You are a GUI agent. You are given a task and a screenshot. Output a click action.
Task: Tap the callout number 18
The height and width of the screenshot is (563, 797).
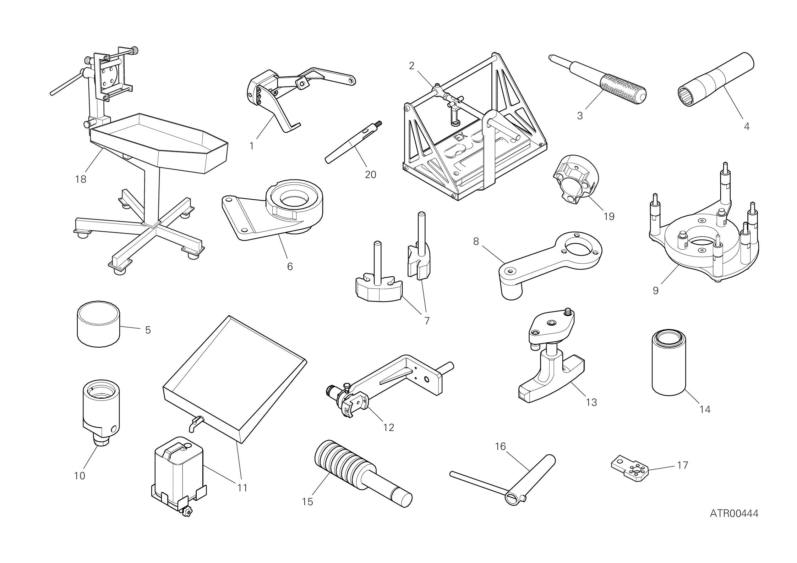click(x=81, y=180)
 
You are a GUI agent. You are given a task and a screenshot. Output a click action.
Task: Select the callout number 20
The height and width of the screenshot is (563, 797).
click(x=370, y=175)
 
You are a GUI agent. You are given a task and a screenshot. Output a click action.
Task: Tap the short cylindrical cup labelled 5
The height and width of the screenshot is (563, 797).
click(x=98, y=324)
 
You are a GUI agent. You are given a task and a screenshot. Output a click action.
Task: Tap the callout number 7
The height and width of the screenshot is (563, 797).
click(x=427, y=320)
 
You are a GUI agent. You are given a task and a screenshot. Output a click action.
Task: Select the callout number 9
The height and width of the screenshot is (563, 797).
click(x=655, y=290)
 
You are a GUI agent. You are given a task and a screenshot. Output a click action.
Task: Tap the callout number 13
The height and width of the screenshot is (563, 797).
click(x=591, y=402)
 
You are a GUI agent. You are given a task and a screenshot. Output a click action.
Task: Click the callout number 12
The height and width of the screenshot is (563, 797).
click(x=389, y=427)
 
